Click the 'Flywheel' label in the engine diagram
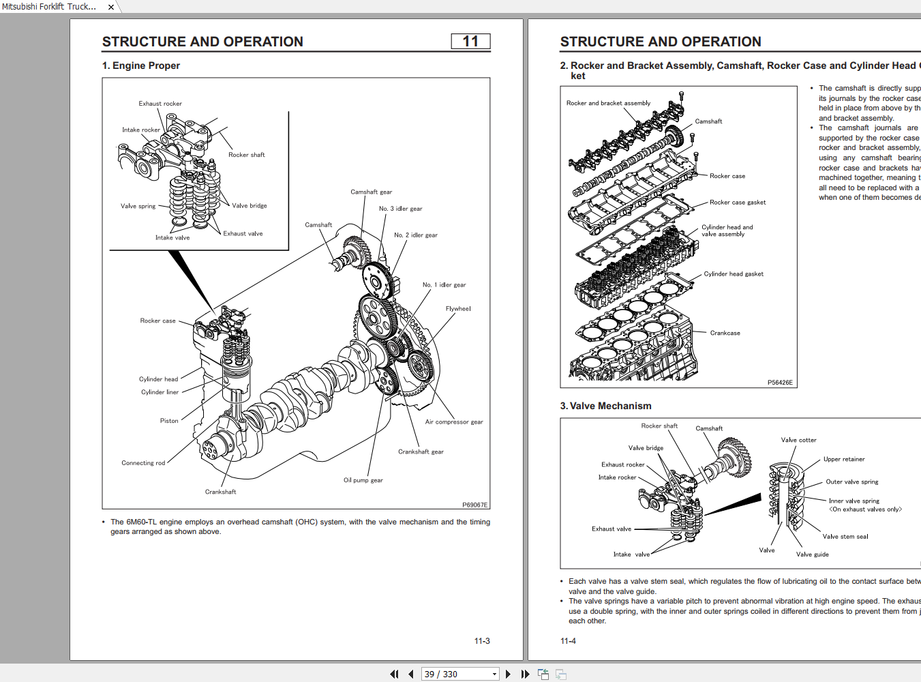[458, 309]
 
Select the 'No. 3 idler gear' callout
[400, 209]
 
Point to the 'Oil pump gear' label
[363, 480]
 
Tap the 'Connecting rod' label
[143, 463]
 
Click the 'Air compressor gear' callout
[453, 422]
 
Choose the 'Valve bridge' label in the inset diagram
[249, 206]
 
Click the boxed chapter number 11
[470, 42]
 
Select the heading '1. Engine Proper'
[141, 65]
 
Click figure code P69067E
[474, 505]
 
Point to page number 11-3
[482, 641]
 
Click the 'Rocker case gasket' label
[737, 203]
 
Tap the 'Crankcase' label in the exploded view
[725, 333]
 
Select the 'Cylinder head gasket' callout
[733, 274]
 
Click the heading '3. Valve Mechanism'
[605, 406]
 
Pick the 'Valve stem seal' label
[845, 537]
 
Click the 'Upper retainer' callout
[843, 460]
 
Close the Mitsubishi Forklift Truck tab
[111, 7]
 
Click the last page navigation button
[525, 674]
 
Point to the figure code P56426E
[780, 383]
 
